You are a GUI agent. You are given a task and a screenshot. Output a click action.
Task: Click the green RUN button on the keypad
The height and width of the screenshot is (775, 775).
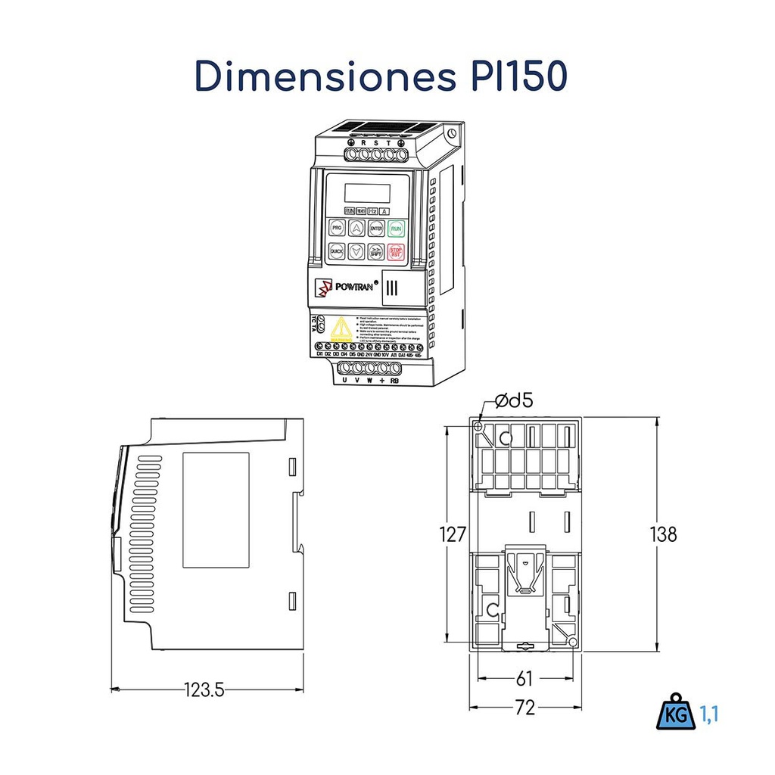[x=396, y=227]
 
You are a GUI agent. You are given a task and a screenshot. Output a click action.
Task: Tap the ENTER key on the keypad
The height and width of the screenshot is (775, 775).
[x=376, y=227]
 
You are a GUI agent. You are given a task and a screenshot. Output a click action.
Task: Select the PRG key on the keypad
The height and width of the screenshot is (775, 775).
[x=337, y=227]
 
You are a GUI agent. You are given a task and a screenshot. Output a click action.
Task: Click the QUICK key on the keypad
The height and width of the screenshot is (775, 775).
[x=337, y=252]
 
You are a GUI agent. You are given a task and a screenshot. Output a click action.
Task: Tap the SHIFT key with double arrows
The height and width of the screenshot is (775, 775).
[x=376, y=252]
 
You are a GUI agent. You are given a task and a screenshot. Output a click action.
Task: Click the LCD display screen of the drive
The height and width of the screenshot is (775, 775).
[x=367, y=193]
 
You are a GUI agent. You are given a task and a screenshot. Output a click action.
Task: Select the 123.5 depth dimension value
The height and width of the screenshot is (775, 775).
[x=204, y=689]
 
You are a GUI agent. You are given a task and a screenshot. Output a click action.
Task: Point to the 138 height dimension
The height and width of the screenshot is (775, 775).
[x=663, y=534]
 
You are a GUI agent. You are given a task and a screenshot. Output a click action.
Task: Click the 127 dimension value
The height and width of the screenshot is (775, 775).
[x=453, y=535]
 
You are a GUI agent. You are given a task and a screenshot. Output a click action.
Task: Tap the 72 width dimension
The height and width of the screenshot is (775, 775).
[x=524, y=708]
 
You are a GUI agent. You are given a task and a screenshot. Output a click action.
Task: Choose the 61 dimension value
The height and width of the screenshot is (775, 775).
[x=524, y=677]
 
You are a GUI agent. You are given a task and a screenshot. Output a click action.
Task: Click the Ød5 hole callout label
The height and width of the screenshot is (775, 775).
[x=514, y=401]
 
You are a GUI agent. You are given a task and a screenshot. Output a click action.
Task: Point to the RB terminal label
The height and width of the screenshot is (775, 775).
[x=394, y=381]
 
